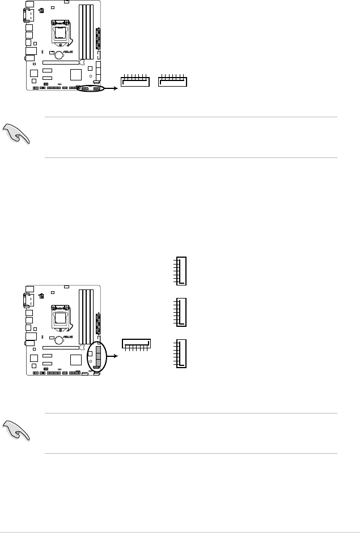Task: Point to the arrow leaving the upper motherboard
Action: (x=112, y=88)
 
